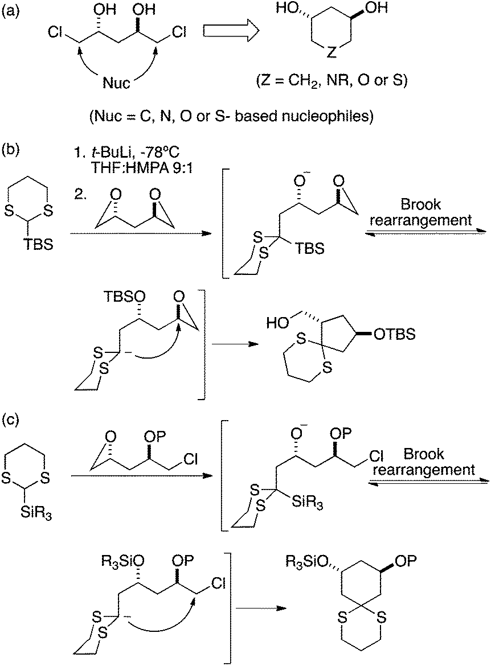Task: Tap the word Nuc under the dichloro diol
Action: click(117, 84)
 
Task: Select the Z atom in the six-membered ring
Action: click(333, 54)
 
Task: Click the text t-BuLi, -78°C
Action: click(110, 151)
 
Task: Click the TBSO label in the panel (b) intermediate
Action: click(121, 297)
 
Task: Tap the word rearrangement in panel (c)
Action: click(440, 470)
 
